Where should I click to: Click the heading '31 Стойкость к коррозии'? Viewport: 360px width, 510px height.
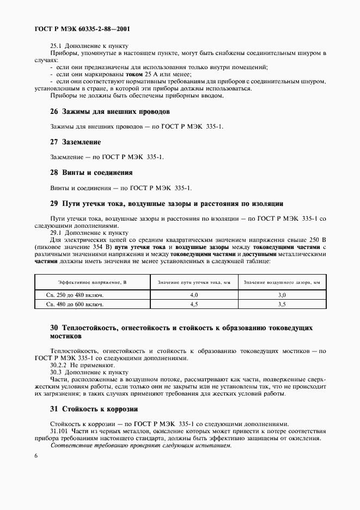coord(94,409)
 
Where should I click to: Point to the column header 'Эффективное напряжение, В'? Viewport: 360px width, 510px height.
coord(92,282)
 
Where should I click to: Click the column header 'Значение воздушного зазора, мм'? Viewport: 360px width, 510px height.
coord(282,282)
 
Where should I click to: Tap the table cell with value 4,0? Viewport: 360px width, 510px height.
coord(194,295)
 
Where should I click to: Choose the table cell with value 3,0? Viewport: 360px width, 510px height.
coord(282,295)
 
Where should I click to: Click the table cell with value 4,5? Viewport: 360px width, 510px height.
coord(194,305)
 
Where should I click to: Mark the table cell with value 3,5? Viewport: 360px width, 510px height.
coord(282,305)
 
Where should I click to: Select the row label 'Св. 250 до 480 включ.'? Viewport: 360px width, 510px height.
coord(74,295)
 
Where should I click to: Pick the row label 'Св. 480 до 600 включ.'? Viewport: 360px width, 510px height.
coord(74,305)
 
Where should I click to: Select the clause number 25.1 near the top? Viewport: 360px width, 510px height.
coord(56,46)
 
